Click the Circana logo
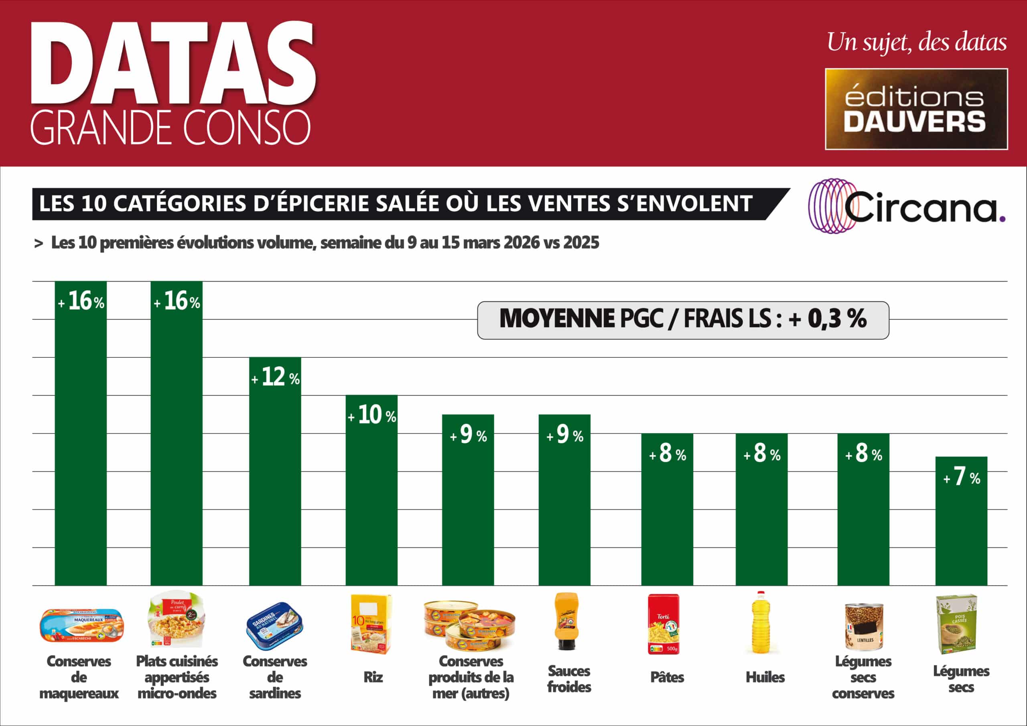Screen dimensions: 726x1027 (x=906, y=206)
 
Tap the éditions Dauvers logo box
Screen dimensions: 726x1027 (x=916, y=109)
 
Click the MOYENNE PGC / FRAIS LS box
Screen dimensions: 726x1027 (x=683, y=320)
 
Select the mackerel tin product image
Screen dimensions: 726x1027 (x=81, y=625)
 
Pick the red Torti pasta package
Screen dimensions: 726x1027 (x=664, y=624)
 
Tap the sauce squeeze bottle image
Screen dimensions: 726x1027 (x=566, y=622)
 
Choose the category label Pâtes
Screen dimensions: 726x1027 (x=667, y=677)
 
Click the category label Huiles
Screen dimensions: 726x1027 (x=765, y=677)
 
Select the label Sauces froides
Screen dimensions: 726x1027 (x=569, y=679)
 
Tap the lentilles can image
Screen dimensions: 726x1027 (x=864, y=626)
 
